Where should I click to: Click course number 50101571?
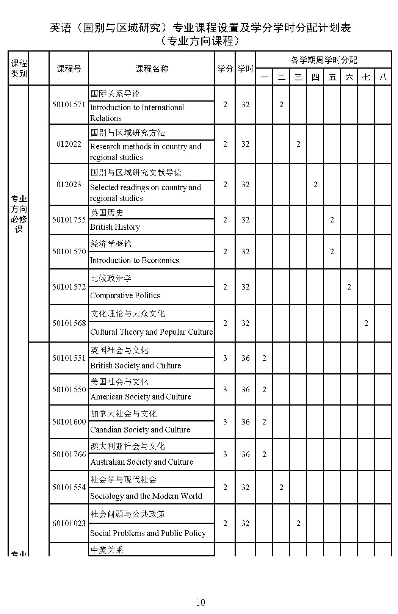69,105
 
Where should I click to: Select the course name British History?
115,227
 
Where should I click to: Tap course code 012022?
69,144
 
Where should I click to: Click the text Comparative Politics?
125,296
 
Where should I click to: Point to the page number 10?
200,602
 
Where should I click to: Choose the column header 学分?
225,69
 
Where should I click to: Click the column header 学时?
245,69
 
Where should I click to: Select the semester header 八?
383,77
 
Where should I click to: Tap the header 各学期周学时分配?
324,60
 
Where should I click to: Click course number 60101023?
69,523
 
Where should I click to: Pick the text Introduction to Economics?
135,260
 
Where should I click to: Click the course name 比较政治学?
111,279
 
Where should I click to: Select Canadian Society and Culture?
140,430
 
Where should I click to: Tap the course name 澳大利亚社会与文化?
128,446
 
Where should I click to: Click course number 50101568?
69,323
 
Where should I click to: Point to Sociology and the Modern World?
146,496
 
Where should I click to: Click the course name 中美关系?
107,550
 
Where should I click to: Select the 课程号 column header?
69,69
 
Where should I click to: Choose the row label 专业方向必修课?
19,214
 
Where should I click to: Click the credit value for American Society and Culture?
225,390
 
